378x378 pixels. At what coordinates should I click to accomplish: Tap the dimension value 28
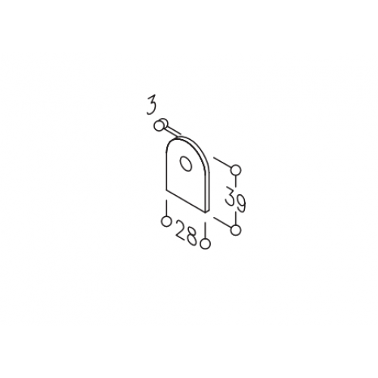(186, 233)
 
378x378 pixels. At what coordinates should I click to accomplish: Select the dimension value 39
(235, 200)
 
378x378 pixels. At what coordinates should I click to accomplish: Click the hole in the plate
(186, 164)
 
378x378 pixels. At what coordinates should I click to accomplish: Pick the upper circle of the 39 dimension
(236, 170)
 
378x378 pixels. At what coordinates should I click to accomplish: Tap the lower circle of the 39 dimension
(236, 230)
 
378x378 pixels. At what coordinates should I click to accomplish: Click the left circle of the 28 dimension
(166, 222)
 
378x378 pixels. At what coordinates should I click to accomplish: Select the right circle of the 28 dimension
(206, 244)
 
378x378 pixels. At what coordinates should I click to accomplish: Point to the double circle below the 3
(160, 125)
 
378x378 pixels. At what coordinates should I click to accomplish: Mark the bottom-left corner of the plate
(166, 190)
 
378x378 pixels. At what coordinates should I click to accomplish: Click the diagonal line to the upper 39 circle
(222, 163)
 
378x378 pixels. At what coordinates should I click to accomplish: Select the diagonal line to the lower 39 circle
(222, 222)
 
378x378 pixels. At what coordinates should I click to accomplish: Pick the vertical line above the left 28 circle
(166, 208)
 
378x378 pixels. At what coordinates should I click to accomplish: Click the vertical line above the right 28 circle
(206, 231)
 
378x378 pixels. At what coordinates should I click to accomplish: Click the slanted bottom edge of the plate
(186, 200)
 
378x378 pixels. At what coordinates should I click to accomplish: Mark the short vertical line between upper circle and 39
(236, 181)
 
